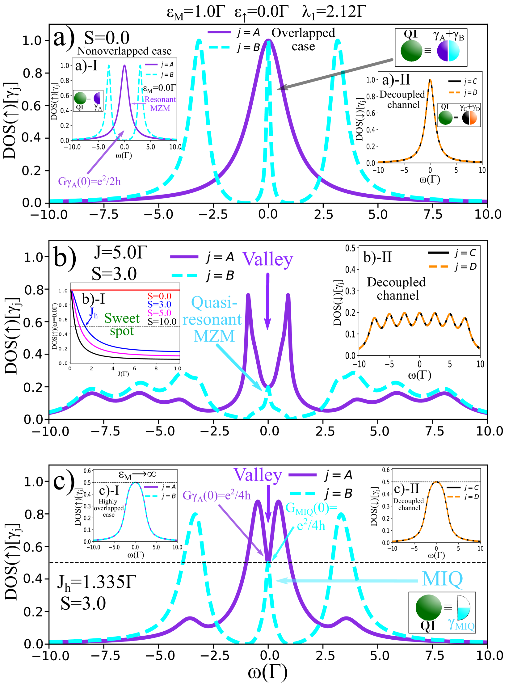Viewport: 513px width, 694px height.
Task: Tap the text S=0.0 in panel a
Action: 107,38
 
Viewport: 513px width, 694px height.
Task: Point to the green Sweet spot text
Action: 122,325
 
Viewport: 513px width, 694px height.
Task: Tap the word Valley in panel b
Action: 268,259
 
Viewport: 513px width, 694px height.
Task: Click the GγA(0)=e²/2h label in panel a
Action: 90,181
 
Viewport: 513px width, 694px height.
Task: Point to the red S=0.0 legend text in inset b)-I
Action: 159,296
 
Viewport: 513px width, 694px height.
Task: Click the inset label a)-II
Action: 396,80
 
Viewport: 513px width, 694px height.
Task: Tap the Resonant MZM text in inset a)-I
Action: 160,104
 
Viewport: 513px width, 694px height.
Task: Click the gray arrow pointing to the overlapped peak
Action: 335,74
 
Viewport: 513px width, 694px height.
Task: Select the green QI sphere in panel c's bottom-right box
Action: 428,608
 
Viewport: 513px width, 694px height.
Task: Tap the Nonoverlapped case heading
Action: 124,51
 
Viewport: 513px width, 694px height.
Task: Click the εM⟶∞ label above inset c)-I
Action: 137,475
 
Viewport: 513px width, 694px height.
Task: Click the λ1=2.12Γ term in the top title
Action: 334,12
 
